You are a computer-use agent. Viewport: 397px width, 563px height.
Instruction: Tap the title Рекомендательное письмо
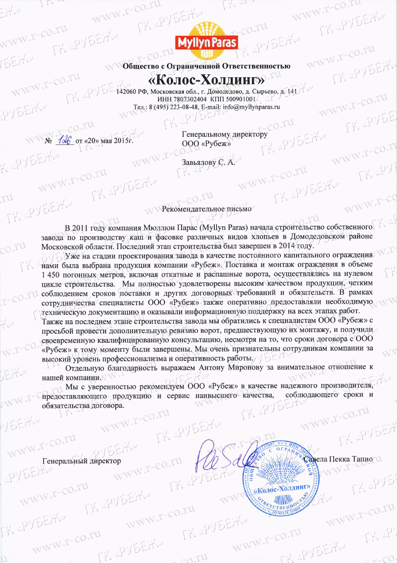[206, 209]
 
